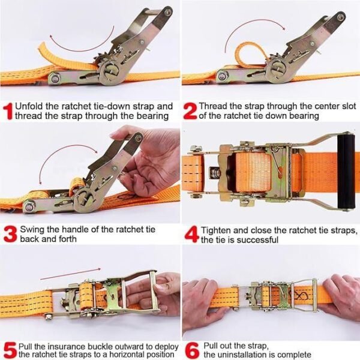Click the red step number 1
(x=8, y=111)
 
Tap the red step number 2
(x=190, y=111)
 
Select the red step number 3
(x=10, y=234)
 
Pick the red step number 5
(x=10, y=351)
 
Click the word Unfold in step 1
(x=28, y=106)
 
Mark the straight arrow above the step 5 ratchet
(x=70, y=274)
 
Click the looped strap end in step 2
(x=250, y=53)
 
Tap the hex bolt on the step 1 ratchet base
(x=55, y=78)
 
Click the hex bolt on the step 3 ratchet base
(x=29, y=206)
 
